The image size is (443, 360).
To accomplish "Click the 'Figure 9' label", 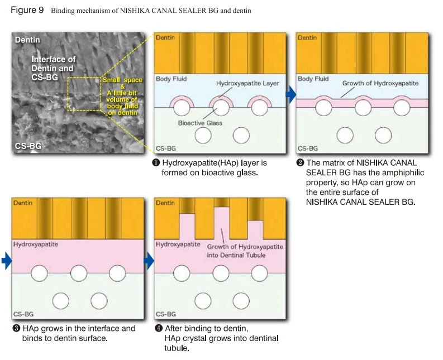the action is coord(27,10).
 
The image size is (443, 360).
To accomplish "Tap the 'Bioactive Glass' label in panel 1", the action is coord(200,123).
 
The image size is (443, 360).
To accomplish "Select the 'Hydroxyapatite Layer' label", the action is coord(247,83).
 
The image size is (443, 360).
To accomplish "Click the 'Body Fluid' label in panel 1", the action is coord(171,79).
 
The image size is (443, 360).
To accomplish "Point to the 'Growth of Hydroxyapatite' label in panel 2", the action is coord(380,83).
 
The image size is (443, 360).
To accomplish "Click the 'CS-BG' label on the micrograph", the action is coord(28,146).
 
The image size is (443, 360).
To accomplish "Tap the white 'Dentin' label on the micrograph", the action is coord(27,40).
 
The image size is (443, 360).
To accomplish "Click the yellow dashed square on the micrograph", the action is coord(84,94).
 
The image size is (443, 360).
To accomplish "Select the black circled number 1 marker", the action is coord(156,163).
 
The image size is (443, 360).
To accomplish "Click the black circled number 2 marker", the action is coord(300,163).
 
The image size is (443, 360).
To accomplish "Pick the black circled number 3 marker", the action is coord(16,328).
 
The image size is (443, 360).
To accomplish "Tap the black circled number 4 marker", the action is coord(159,328).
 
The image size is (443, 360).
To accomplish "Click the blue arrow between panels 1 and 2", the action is coord(291,94).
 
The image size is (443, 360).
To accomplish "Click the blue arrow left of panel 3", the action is coord(7,260).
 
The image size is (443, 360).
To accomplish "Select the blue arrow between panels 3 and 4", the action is coord(149,260).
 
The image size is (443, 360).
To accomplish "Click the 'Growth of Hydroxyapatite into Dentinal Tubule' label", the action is coord(245,251).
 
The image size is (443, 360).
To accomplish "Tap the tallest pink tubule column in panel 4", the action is coord(222,223).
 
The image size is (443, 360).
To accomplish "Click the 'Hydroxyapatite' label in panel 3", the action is coord(36,244).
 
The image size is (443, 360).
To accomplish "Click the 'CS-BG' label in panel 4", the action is coord(166,314).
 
